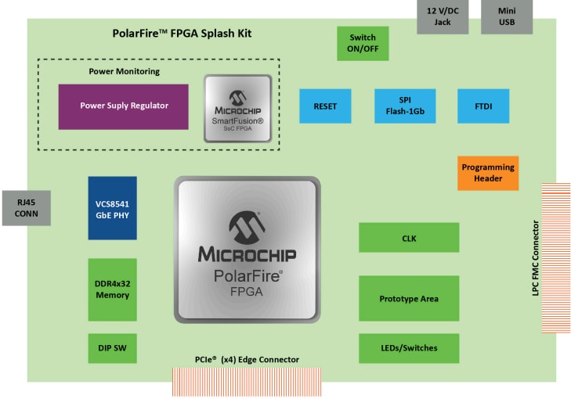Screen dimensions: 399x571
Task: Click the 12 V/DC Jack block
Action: pyautogui.click(x=443, y=16)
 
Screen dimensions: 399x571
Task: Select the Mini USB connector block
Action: pyautogui.click(x=514, y=16)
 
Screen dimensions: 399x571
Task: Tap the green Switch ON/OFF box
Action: pyautogui.click(x=363, y=44)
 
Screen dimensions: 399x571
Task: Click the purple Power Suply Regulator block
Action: pyautogui.click(x=124, y=106)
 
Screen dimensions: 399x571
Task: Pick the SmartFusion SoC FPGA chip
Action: pyautogui.click(x=238, y=109)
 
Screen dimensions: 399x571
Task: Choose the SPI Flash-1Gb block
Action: pyautogui.click(x=404, y=106)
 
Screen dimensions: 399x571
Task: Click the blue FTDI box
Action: pyautogui.click(x=483, y=106)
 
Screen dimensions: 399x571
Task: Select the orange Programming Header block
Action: pyautogui.click(x=488, y=173)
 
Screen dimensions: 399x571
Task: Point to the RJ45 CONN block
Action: pyautogui.click(x=26, y=207)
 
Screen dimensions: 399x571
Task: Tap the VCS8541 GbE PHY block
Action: pyautogui.click(x=113, y=208)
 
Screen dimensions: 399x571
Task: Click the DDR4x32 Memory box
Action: pyautogui.click(x=113, y=289)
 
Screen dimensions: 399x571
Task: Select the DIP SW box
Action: pyautogui.click(x=113, y=347)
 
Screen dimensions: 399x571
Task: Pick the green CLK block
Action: pyautogui.click(x=408, y=238)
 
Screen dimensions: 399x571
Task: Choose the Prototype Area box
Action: pyautogui.click(x=408, y=299)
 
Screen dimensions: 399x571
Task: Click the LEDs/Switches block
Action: pyautogui.click(x=408, y=348)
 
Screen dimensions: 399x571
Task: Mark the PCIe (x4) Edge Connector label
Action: pyautogui.click(x=247, y=359)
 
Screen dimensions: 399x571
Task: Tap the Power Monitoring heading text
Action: pyautogui.click(x=124, y=71)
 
